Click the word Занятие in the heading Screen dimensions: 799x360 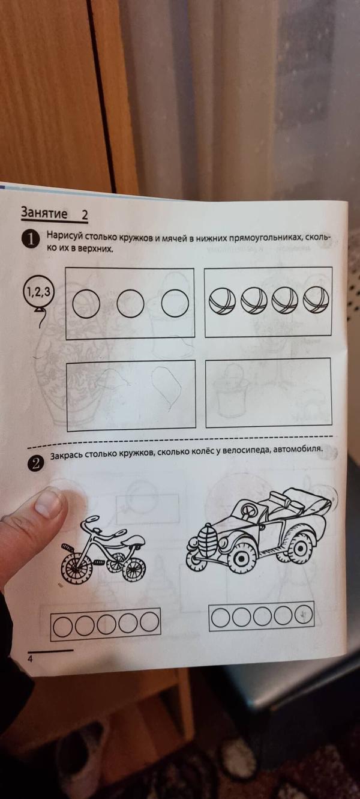click(43, 213)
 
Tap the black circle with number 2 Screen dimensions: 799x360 click(37, 463)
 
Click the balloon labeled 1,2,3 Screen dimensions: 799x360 click(38, 294)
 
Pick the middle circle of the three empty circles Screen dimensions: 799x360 click(131, 304)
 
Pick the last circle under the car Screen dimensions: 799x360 click(304, 614)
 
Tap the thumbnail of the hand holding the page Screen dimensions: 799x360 click(48, 502)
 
